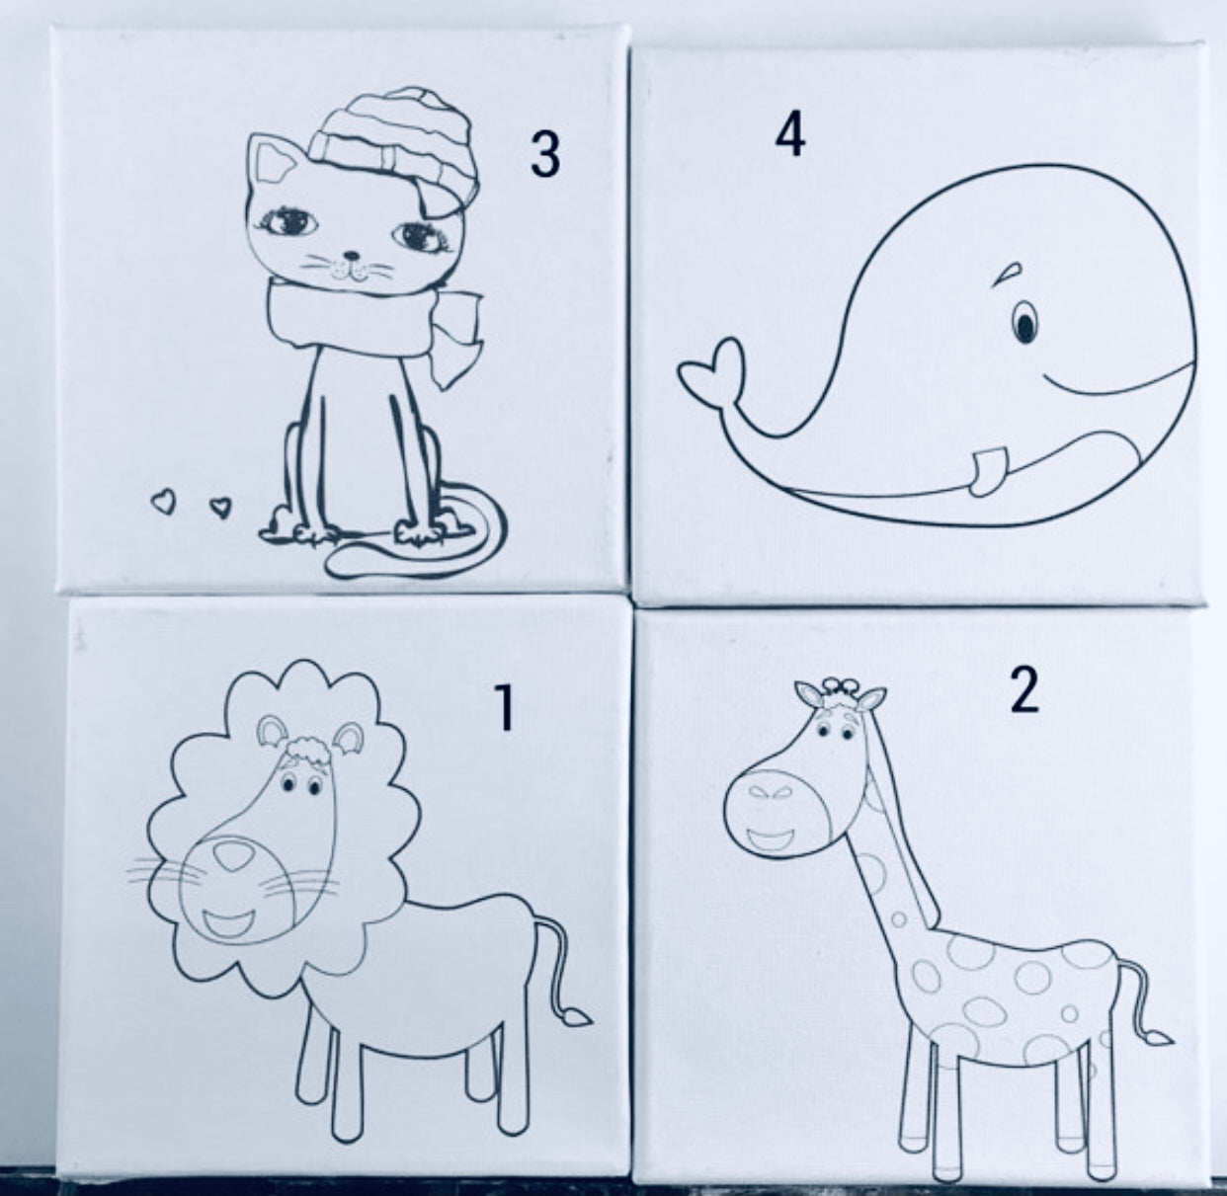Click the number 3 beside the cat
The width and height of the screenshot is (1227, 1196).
(544, 154)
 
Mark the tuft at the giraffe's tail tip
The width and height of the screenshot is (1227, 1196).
(1159, 1038)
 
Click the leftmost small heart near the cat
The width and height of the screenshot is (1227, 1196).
(159, 501)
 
